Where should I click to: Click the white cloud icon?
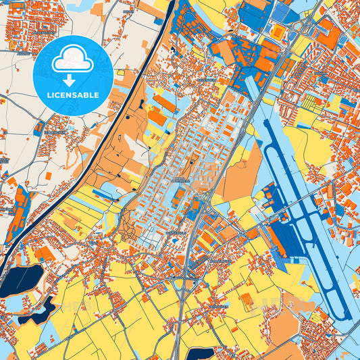[x=72, y=59]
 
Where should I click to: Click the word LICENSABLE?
[x=72, y=95]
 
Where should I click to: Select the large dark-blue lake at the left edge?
[x=20, y=280]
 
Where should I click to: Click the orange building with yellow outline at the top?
[x=277, y=32]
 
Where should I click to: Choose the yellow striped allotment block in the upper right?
[x=312, y=103]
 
